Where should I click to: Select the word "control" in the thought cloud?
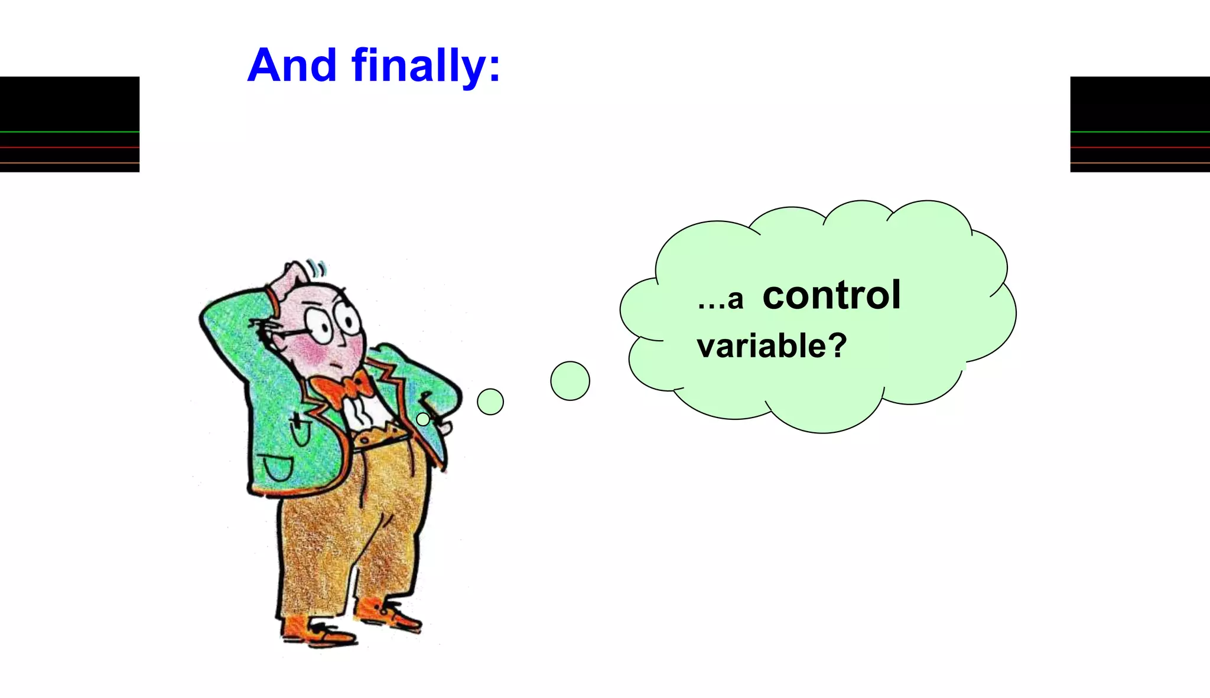coord(831,295)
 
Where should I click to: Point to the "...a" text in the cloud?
coord(720,300)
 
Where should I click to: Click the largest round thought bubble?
coord(570,381)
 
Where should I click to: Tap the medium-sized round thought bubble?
coord(490,402)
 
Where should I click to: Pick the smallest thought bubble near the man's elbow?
coord(423,419)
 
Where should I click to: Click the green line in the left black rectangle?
coord(69,132)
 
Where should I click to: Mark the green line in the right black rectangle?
coord(1140,132)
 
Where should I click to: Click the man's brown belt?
coord(378,437)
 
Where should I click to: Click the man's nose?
coord(343,341)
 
